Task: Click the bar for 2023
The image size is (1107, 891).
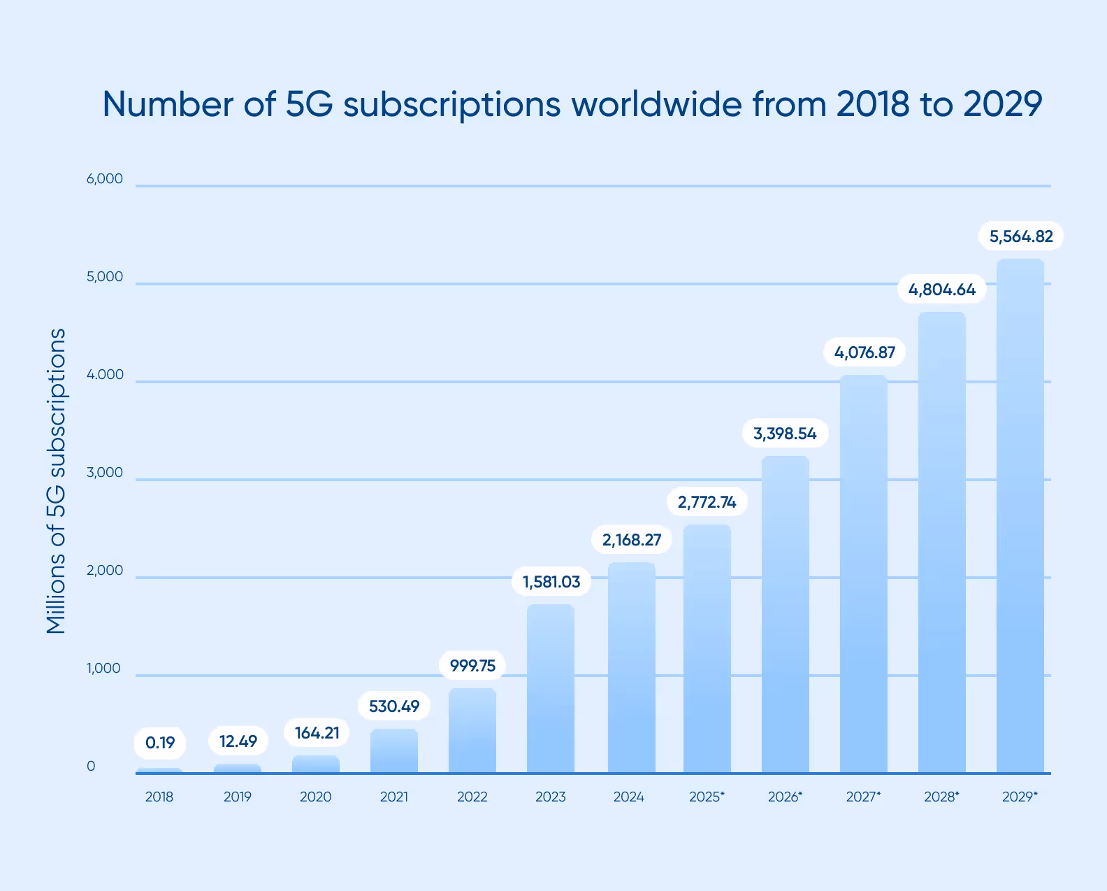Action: [x=551, y=689]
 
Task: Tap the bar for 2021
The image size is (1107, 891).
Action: [x=394, y=751]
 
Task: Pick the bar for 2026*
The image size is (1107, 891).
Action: [x=785, y=615]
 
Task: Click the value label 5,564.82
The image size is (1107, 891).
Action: [x=1021, y=236]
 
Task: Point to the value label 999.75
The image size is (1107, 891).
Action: [x=472, y=665]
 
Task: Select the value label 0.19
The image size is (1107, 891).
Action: [x=160, y=743]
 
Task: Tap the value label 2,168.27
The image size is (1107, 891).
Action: [x=632, y=540]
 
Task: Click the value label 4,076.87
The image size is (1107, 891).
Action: [x=864, y=352]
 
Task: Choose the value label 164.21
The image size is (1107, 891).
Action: [x=317, y=733]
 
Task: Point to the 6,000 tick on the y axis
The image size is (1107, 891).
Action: [x=105, y=179]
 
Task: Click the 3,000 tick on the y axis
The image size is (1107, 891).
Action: [x=105, y=473]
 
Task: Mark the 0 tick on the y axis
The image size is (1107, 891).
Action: [x=91, y=767]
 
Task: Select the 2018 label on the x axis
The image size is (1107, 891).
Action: [x=159, y=797]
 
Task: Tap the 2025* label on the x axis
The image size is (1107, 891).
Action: [x=707, y=797]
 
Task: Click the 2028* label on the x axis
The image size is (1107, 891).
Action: [x=941, y=797]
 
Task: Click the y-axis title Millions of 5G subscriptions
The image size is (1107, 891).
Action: [x=56, y=481]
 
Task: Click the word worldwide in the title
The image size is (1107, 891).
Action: [x=656, y=104]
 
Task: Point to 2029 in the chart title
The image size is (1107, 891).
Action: [x=1003, y=104]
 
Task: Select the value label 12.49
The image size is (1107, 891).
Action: [x=238, y=741]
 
